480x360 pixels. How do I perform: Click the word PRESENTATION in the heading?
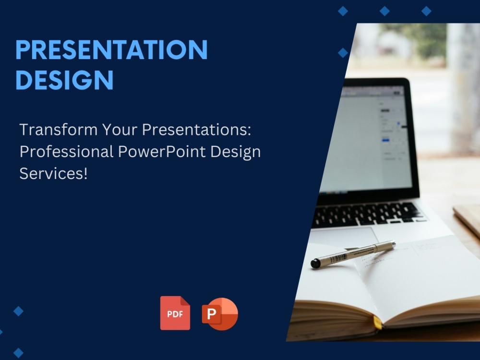[x=111, y=49]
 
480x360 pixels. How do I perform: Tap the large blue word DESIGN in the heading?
[x=65, y=80]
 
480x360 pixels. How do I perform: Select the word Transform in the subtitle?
[x=59, y=130]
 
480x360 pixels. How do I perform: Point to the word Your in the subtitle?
[x=120, y=130]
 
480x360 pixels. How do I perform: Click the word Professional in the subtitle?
[x=66, y=152]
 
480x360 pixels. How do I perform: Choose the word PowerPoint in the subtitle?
[x=162, y=152]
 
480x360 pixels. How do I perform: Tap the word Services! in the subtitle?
[x=54, y=174]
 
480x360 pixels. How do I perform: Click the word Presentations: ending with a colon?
[x=196, y=130]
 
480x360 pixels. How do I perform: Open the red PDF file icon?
[x=175, y=313]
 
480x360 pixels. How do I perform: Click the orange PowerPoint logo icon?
[x=220, y=314]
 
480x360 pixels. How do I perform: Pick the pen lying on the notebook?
[x=353, y=254]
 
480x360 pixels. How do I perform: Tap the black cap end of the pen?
[x=315, y=263]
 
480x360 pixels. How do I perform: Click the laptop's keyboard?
[x=367, y=214]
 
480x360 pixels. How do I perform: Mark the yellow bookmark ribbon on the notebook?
[x=377, y=323]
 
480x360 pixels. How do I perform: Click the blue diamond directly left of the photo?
[x=343, y=53]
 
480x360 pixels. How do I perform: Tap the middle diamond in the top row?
[x=384, y=11]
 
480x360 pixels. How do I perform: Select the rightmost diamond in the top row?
[x=426, y=11]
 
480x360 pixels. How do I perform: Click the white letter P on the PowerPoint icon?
[x=211, y=314]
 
